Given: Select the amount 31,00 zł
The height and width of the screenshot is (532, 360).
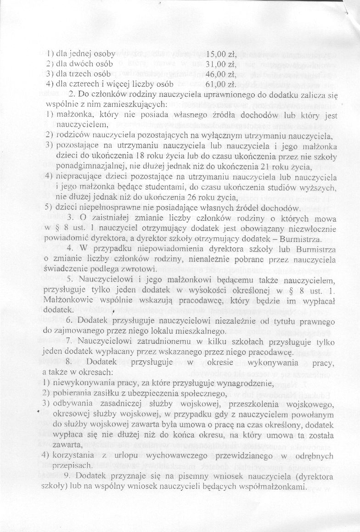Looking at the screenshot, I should pyautogui.click(x=220, y=65).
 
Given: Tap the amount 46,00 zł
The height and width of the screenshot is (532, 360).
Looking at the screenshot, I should pyautogui.click(x=220, y=74).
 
